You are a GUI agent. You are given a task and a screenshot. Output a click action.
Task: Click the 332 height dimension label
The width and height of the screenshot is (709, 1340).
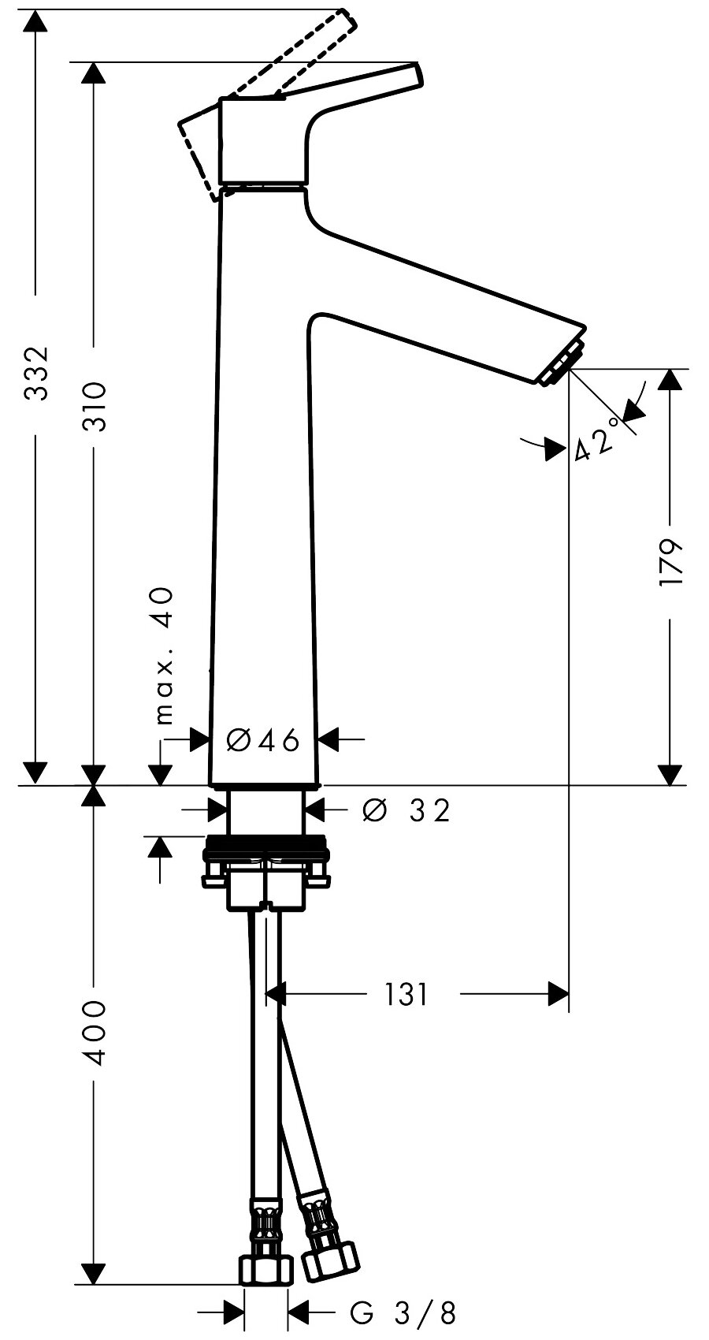[36, 372]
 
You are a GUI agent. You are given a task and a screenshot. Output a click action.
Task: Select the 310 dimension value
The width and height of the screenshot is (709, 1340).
[95, 405]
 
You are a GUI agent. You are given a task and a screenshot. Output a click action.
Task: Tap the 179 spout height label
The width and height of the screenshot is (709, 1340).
[670, 562]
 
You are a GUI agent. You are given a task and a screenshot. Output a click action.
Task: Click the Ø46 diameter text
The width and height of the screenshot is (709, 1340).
[263, 740]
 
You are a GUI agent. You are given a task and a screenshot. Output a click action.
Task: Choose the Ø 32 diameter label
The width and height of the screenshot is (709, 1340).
[406, 810]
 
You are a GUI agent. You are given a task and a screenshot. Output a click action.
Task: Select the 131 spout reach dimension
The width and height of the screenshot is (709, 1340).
[406, 995]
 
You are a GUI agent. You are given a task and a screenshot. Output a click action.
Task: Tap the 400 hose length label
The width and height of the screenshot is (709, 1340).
[95, 1032]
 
